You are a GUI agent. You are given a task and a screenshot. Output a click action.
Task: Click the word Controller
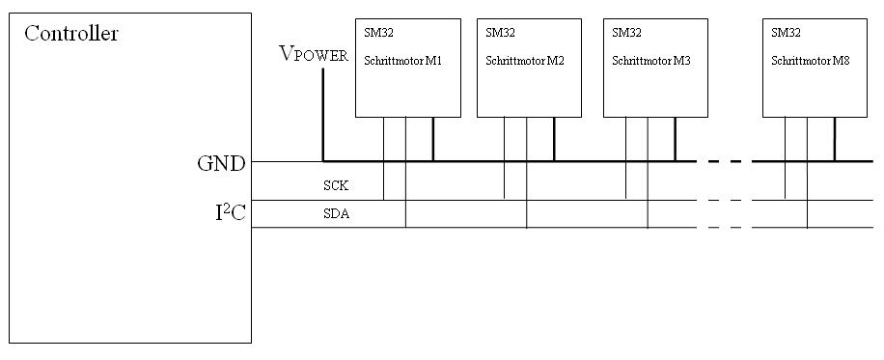(71, 34)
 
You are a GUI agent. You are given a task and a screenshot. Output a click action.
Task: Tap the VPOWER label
(314, 54)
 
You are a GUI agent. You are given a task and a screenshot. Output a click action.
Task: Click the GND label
(222, 164)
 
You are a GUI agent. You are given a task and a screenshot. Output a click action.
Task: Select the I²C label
(231, 212)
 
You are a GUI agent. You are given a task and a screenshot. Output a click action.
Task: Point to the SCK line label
(335, 185)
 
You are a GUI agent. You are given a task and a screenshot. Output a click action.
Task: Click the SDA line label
(336, 214)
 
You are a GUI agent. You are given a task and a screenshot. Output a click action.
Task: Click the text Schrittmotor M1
(402, 61)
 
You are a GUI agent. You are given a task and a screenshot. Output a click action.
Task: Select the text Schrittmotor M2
(524, 61)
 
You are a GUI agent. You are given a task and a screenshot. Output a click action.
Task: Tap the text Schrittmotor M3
(650, 61)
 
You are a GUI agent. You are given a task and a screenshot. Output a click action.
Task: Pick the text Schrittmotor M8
(810, 61)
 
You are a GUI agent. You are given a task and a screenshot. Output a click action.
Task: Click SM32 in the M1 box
(379, 33)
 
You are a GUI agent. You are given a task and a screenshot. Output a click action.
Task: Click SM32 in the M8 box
(786, 33)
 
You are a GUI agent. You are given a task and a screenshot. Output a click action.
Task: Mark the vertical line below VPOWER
(323, 115)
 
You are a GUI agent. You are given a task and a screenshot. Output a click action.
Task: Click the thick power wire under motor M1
(433, 139)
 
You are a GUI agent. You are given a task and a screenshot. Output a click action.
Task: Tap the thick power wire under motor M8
(835, 139)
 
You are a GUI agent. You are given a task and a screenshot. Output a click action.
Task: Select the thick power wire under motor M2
(554, 139)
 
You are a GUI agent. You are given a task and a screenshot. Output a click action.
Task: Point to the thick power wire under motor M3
(675, 139)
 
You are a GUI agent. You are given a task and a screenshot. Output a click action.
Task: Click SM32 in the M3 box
(627, 33)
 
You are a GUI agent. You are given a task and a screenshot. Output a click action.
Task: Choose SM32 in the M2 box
(501, 33)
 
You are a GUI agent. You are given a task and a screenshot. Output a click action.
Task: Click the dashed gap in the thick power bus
(725, 161)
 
